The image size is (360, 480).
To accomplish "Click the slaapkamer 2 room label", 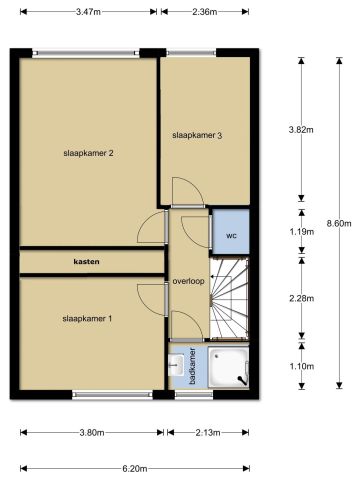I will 88,153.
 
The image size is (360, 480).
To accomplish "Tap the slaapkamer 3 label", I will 196,135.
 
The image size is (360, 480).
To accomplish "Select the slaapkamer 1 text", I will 88,318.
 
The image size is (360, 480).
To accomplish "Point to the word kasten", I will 87,262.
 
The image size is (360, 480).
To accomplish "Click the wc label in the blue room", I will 230,236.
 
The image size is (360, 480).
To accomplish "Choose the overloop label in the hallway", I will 188,281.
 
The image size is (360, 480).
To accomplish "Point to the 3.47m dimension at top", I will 88,12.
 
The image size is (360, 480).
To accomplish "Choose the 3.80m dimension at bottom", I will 91,433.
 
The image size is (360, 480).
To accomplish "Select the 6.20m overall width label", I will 136,467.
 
